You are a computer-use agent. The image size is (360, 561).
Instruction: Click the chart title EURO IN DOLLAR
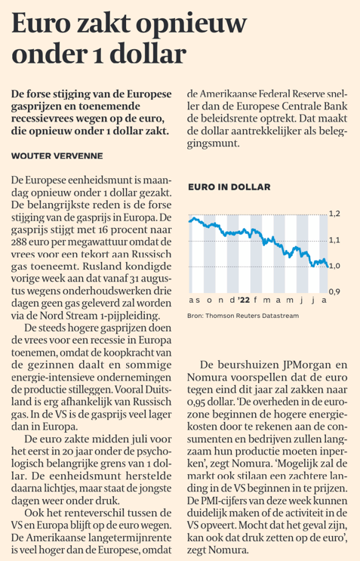tap(229, 187)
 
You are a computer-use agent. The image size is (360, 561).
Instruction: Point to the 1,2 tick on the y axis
tap(334, 214)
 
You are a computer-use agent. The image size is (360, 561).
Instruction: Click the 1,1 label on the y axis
tap(334, 240)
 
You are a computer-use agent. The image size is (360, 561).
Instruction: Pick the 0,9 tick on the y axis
tap(334, 292)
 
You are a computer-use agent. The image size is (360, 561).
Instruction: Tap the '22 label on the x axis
tap(245, 301)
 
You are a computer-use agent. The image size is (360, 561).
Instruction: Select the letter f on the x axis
tap(255, 301)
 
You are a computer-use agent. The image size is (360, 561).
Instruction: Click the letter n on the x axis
tap(220, 301)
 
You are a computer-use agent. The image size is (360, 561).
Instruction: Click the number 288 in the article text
tap(19, 242)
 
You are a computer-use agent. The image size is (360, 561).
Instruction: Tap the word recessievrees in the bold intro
tap(41, 119)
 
